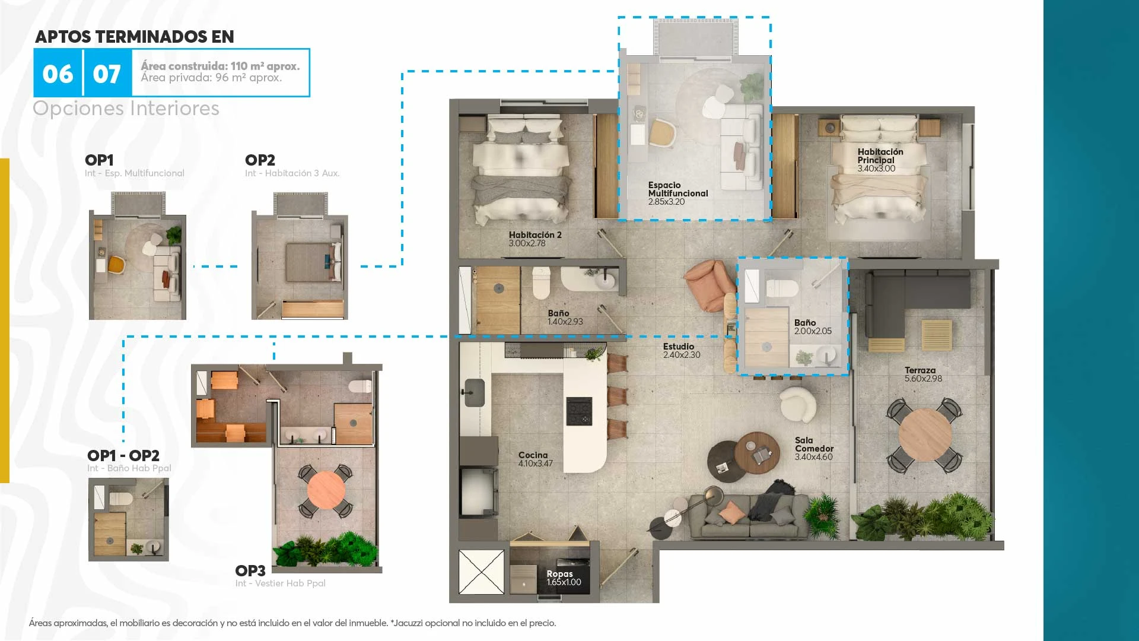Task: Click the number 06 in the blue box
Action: (x=58, y=74)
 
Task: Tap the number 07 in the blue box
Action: (x=107, y=74)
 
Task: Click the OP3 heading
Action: (x=250, y=571)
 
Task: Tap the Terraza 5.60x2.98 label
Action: (x=923, y=375)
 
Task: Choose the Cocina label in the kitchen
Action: (x=533, y=455)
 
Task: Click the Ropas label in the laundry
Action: (x=559, y=574)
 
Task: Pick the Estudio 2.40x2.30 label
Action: (x=682, y=351)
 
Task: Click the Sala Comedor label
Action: (x=814, y=445)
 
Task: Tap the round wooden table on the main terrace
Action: (x=925, y=435)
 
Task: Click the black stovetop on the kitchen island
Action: (x=579, y=411)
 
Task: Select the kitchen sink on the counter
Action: (x=475, y=392)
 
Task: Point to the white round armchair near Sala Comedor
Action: (x=798, y=404)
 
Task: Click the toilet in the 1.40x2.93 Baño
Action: (x=541, y=283)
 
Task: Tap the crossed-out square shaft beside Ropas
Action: (x=481, y=572)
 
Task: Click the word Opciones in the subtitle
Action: (x=78, y=109)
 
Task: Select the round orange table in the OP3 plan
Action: (x=326, y=490)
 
